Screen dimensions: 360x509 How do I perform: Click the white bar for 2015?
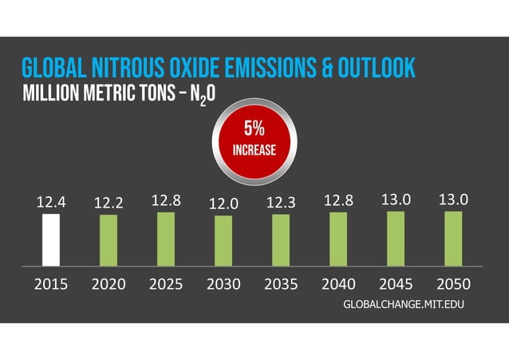[x=51, y=239]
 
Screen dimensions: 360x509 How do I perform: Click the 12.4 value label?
[x=50, y=203]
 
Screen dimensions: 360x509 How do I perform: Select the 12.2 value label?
[x=108, y=204]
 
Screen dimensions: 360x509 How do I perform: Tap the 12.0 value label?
[x=223, y=204]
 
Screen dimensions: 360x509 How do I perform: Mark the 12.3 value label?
[x=281, y=204]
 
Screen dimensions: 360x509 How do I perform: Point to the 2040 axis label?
[x=338, y=284]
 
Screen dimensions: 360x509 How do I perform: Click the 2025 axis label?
[x=166, y=284]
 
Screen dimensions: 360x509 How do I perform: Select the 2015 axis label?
[x=51, y=284]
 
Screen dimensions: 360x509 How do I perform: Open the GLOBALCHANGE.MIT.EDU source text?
[x=403, y=306]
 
